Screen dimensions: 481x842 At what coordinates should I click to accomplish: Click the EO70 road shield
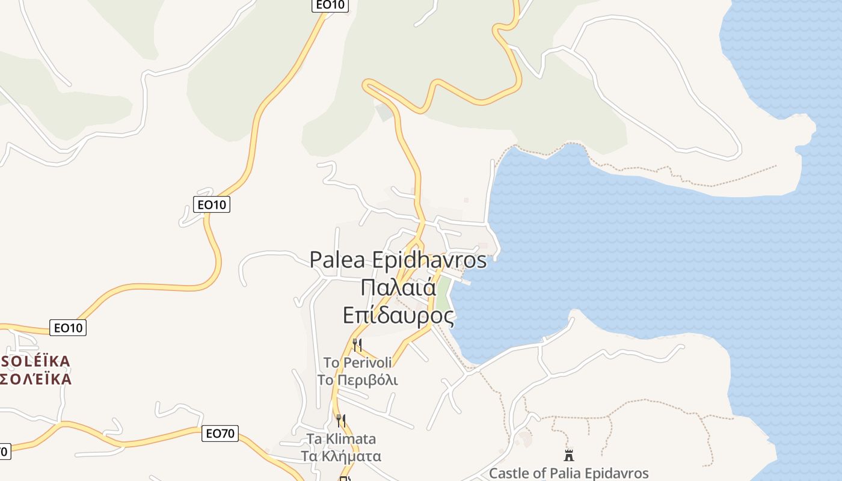(x=220, y=433)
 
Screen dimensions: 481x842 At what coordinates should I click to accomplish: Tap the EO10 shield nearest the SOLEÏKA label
(x=69, y=328)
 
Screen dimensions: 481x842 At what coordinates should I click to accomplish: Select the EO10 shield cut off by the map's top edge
(x=330, y=5)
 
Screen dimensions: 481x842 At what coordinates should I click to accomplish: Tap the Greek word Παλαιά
(x=398, y=287)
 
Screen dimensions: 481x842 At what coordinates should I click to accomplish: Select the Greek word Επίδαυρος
(x=398, y=314)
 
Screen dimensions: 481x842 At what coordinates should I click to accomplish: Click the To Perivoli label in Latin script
(x=357, y=363)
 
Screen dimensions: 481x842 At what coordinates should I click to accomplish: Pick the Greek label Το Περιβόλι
(x=357, y=380)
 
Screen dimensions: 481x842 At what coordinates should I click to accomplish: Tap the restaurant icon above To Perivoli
(x=357, y=345)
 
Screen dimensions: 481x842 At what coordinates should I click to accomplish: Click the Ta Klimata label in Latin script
(x=341, y=438)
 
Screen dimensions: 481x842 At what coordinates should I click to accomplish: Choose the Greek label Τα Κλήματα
(x=341, y=456)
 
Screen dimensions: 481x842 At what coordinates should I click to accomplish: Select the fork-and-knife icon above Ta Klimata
(x=341, y=420)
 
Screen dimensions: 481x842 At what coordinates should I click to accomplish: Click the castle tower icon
(x=568, y=455)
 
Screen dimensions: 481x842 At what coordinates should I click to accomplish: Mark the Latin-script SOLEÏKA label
(x=36, y=361)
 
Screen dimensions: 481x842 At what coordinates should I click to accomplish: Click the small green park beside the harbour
(x=443, y=293)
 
